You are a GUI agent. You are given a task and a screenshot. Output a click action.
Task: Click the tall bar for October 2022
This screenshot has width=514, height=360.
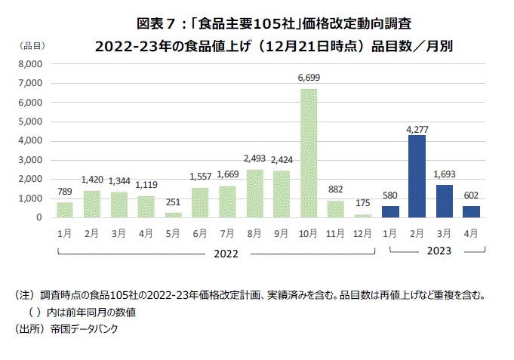(x=309, y=153)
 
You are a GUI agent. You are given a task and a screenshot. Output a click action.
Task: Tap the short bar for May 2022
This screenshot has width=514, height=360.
(x=173, y=215)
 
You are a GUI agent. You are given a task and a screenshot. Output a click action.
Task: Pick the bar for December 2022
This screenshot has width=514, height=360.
(x=363, y=216)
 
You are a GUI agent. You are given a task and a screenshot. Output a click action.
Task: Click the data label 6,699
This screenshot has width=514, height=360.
(x=309, y=78)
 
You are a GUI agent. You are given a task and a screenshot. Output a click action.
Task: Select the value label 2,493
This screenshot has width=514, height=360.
(x=254, y=158)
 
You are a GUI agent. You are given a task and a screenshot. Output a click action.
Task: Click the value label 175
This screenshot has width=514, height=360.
(x=363, y=203)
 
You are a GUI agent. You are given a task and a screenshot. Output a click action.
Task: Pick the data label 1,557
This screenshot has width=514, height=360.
(x=200, y=177)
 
